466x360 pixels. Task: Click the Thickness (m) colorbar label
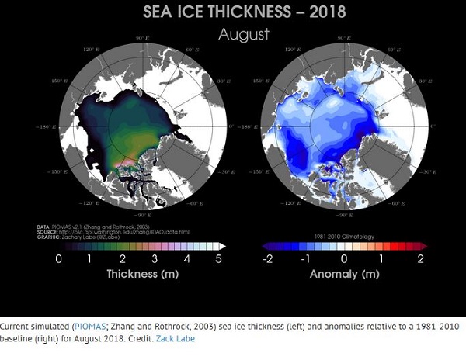[140, 275]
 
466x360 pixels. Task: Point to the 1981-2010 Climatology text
[344, 235]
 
